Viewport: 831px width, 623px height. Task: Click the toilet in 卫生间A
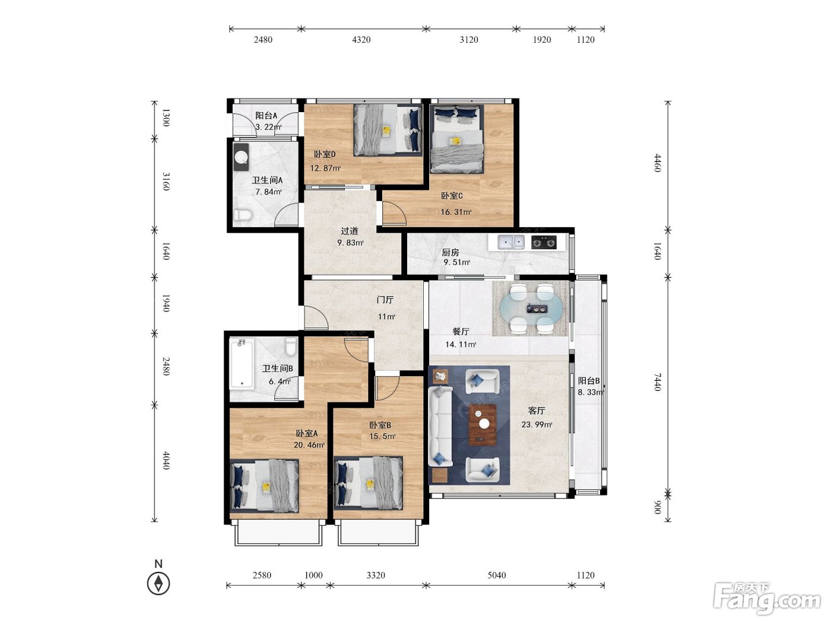pos(243,215)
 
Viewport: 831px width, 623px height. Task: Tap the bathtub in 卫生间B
pos(242,363)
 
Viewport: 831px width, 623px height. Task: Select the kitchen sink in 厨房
pos(510,242)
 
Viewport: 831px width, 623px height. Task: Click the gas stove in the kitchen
pos(544,242)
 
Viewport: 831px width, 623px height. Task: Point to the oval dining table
pos(531,309)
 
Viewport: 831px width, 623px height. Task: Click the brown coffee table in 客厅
pos(483,425)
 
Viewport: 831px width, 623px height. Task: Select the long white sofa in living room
pos(440,425)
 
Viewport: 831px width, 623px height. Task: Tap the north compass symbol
pos(158,583)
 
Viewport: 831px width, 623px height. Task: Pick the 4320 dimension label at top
pos(361,40)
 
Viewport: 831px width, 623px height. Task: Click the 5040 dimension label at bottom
pos(496,576)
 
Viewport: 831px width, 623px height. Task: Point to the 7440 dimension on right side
pos(658,382)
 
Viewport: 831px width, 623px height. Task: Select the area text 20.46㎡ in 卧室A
pos(309,445)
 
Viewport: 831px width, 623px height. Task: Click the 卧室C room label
pos(452,196)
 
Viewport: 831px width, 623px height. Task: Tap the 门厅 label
pos(385,300)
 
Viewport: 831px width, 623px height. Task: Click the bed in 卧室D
pos(388,129)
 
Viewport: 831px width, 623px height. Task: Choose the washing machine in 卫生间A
pos(241,157)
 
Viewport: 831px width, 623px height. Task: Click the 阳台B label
pos(589,381)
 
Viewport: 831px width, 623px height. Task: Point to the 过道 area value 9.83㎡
pos(351,243)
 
